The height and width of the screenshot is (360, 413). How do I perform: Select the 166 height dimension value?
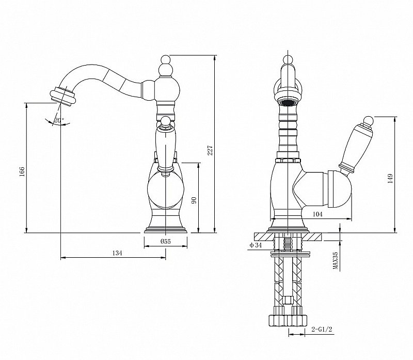(x=22, y=171)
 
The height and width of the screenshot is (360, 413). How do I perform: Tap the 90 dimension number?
(x=194, y=200)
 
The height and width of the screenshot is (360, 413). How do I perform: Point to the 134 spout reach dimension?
(x=117, y=253)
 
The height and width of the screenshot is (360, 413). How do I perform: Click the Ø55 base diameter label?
(x=165, y=241)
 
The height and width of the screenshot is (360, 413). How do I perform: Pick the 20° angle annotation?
(x=59, y=120)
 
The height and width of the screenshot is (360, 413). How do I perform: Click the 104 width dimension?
(x=317, y=214)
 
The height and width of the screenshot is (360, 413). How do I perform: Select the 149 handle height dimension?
(x=390, y=178)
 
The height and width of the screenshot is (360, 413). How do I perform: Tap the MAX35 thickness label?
(x=335, y=261)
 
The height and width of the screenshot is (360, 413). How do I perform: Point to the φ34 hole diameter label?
(x=256, y=245)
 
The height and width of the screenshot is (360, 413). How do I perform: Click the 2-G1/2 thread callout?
(x=322, y=329)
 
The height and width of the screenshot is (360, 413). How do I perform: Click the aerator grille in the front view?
(x=289, y=102)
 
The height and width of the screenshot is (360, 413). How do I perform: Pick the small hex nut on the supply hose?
(x=288, y=300)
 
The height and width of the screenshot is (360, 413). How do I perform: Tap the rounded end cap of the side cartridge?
(x=340, y=189)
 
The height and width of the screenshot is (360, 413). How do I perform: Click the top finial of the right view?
(x=288, y=59)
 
